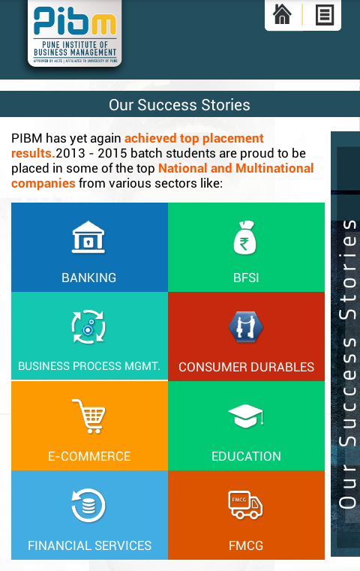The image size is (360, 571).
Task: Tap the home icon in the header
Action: pos(282,14)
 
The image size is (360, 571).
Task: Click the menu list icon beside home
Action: pos(325,15)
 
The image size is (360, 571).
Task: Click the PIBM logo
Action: pos(74,34)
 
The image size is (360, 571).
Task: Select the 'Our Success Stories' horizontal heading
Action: pos(179,105)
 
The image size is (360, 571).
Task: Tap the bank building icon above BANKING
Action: pos(88,237)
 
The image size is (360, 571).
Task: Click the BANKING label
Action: pos(89,278)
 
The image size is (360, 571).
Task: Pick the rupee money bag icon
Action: pos(245,237)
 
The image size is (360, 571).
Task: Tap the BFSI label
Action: pos(246,278)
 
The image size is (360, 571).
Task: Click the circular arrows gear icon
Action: pos(88,326)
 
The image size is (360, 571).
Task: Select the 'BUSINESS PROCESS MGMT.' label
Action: pos(89,366)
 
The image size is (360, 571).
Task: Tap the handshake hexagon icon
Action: pos(246,326)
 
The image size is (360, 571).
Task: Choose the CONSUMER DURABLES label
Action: pos(247,367)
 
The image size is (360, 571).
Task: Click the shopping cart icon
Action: pos(88,416)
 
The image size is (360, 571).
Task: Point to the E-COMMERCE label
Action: pos(89,456)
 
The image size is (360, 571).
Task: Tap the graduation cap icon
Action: pos(246,416)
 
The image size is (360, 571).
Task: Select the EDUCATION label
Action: pos(247,456)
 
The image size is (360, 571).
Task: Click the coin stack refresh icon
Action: pos(88,506)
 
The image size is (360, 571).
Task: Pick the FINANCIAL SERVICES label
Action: pos(89,545)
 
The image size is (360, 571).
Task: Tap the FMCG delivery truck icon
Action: pos(245,505)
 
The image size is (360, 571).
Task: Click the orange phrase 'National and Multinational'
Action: pos(235,168)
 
